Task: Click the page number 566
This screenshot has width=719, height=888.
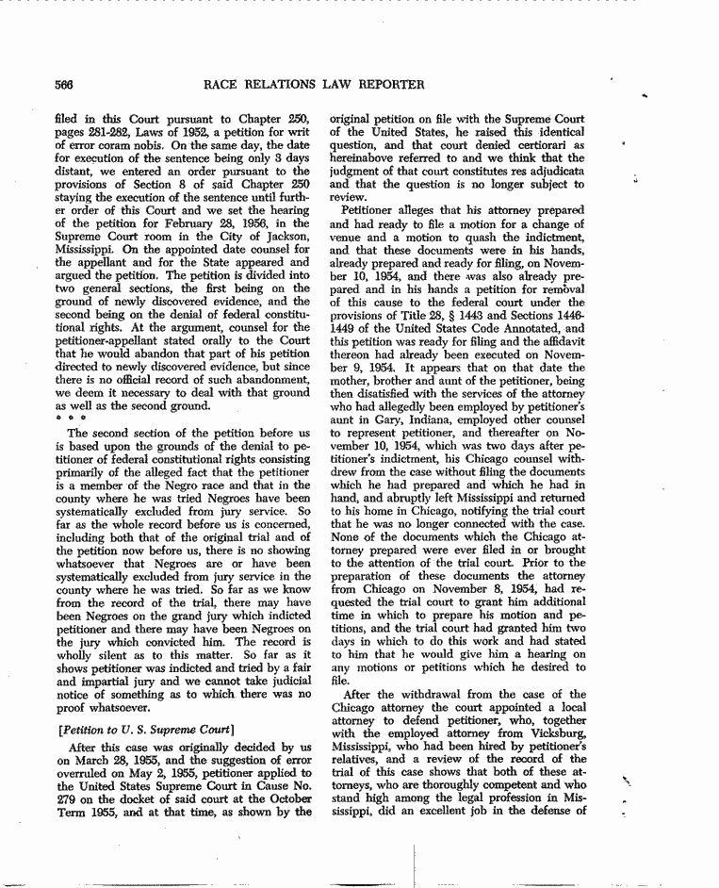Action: point(65,85)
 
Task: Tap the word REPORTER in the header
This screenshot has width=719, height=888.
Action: point(389,85)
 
